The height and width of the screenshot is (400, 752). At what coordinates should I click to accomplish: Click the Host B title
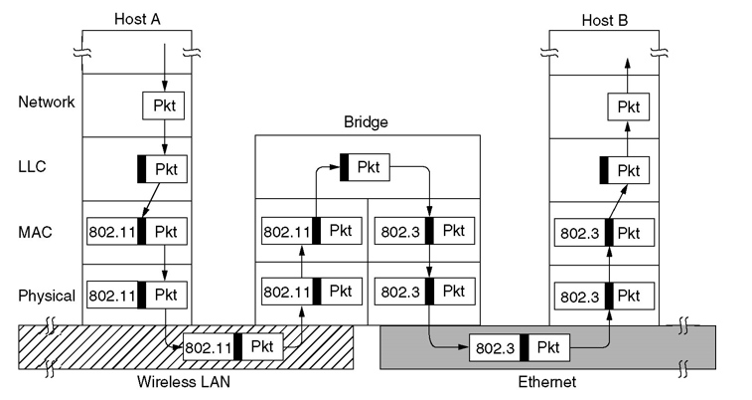tap(603, 17)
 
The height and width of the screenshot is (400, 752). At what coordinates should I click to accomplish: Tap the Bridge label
tap(366, 122)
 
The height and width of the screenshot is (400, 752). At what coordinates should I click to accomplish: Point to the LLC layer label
tap(33, 167)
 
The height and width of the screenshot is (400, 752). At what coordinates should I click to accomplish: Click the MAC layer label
tap(35, 232)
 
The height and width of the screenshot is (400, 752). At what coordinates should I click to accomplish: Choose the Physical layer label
tap(47, 296)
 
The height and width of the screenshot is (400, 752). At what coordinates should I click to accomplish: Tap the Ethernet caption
tap(546, 382)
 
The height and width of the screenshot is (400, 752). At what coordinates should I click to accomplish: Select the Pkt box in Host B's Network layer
tap(628, 106)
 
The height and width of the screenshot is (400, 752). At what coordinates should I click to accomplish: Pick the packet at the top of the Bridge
tap(366, 166)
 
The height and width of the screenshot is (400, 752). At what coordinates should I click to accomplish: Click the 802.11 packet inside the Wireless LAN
tap(233, 348)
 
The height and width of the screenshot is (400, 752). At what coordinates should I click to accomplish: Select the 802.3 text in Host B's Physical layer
tap(576, 297)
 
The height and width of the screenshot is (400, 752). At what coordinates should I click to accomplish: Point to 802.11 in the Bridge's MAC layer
tap(285, 232)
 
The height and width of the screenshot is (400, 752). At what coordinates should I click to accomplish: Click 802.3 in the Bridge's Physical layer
tap(398, 292)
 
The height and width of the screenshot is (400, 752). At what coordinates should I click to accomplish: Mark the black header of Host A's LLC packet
tap(143, 168)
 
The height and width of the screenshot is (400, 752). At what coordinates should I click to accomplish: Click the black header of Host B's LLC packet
tap(605, 170)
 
